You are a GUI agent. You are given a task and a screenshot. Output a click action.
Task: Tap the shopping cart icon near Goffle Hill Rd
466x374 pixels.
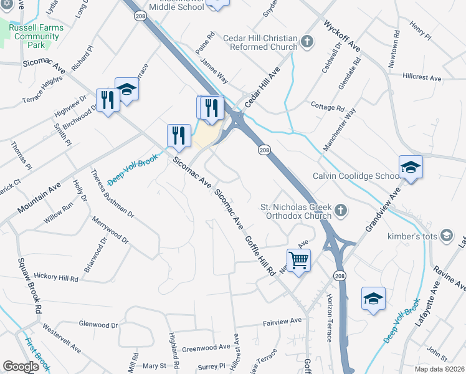coord(299,260)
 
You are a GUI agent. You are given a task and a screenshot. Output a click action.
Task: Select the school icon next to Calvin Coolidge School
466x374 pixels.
coord(411,167)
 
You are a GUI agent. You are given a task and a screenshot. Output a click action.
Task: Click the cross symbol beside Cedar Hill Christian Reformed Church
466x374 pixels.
coord(307,42)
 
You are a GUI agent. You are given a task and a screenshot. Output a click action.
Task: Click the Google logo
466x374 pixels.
coord(21,367)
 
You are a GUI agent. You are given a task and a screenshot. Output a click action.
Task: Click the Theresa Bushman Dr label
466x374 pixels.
coord(113,194)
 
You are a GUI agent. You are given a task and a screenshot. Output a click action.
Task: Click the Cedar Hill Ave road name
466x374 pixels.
coord(262,87)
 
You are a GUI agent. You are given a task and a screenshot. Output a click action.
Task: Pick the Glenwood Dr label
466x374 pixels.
coord(98,325)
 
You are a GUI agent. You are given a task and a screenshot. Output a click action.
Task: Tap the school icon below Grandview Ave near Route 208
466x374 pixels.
coord(373,299)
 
